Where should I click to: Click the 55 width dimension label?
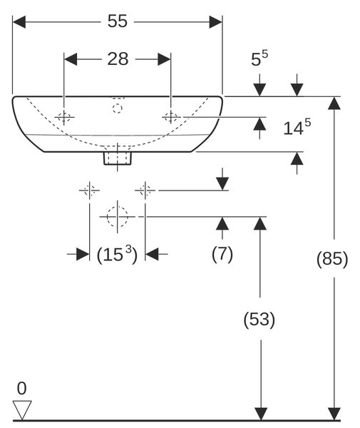pos(118,21)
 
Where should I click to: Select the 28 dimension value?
pos(118,58)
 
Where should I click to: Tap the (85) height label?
pos(332,258)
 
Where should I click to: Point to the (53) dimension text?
pos(259,319)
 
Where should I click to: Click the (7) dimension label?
pos(222,253)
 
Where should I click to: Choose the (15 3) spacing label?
pos(117,255)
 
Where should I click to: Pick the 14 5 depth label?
pos(297,127)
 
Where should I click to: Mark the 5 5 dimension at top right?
pos(259,58)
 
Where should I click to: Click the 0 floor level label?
pos(22,388)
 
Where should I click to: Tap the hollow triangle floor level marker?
pos(22,407)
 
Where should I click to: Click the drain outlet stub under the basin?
pos(118,158)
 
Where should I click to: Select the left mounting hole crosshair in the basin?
pos(64,118)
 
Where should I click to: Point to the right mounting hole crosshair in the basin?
pos(171,117)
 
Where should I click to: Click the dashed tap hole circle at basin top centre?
pos(118,108)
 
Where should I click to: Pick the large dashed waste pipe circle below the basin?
pos(118,217)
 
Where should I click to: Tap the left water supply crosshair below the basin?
pos(89,190)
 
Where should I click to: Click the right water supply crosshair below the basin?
pos(145,190)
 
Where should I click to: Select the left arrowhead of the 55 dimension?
pos(19,22)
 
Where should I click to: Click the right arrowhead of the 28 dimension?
pos(164,59)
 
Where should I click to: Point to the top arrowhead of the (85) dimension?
pos(334,103)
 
